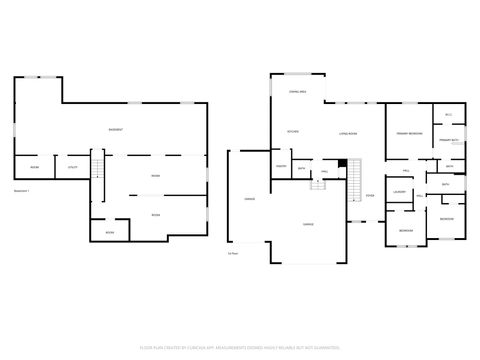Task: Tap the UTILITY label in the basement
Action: (73, 167)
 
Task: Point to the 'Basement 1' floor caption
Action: (21, 190)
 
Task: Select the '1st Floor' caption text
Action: (232, 253)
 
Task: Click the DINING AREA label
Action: (297, 92)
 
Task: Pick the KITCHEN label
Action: (293, 132)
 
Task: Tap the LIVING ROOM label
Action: (349, 132)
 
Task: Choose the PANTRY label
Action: (282, 166)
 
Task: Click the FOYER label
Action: (370, 195)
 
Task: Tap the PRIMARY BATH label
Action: (448, 141)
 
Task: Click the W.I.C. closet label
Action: (449, 115)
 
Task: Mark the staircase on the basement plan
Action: (97, 165)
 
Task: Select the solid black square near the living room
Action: (343, 163)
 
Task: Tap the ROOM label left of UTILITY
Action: (34, 167)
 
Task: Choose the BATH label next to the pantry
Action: (302, 168)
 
